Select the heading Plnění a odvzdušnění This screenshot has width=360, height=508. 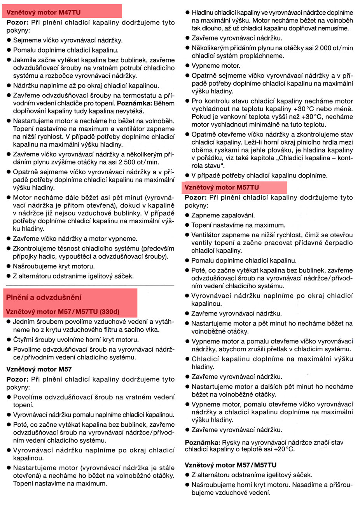coord(44,298)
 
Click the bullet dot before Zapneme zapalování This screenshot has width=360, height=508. coord(187,215)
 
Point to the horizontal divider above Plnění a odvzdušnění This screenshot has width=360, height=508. coord(90,286)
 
